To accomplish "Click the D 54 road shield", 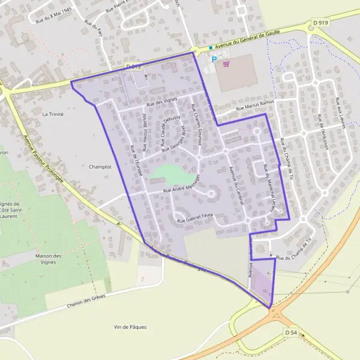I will [x=292, y=332].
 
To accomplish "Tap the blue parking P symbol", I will [x=214, y=59].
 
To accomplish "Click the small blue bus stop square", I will [x=211, y=47].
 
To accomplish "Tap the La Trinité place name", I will [x=53, y=113].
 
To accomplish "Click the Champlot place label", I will [x=100, y=167].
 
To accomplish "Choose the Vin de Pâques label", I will [x=130, y=327].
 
